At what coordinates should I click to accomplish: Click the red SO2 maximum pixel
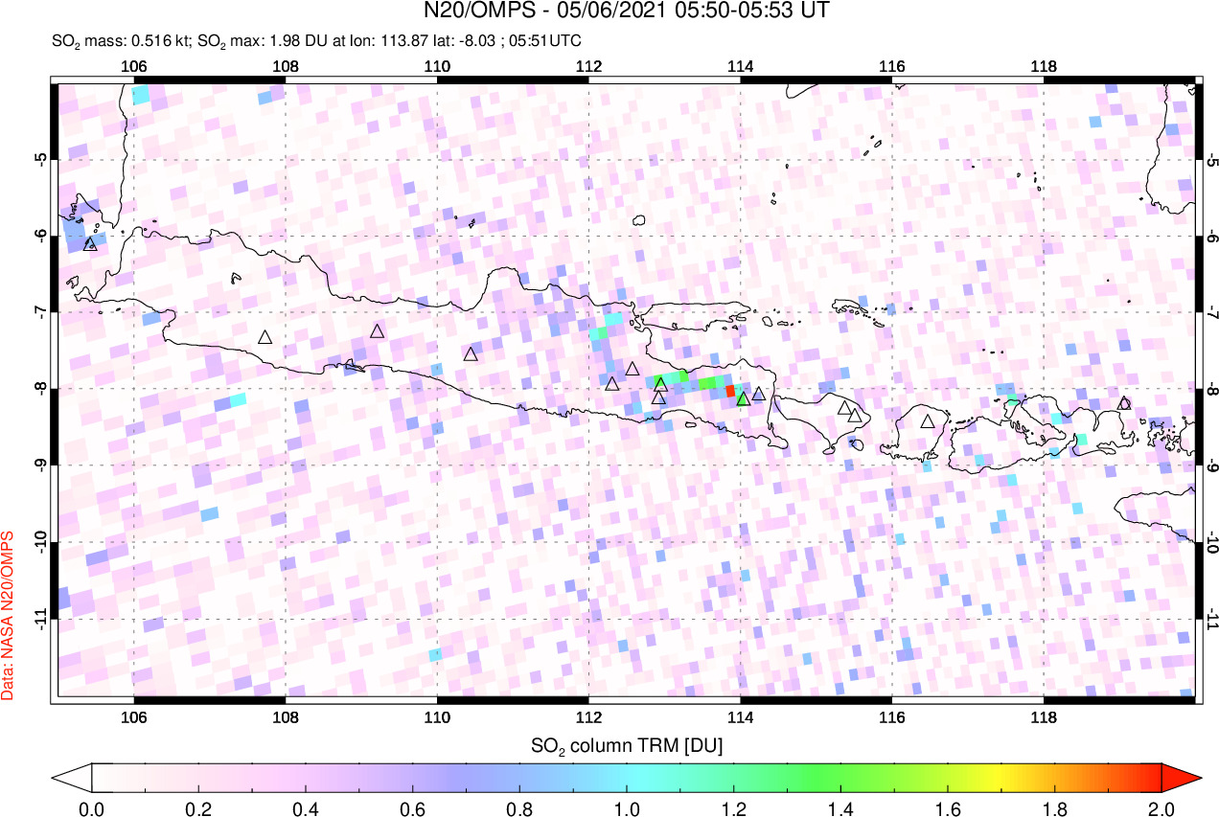coord(729,391)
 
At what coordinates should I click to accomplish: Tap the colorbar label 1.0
coord(627,807)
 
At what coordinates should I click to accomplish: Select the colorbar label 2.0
coord(1161,807)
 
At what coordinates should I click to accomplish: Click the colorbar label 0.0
coord(92,807)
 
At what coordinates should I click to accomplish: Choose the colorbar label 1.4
coord(840,807)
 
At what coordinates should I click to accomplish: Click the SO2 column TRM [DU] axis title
coord(627,744)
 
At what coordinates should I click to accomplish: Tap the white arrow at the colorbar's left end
coord(73,777)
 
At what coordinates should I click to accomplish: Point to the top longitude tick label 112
coord(588,67)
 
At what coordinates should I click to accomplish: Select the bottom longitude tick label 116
coord(891,718)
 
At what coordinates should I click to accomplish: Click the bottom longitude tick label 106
coord(133,718)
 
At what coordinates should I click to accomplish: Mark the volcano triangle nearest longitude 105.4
coord(90,244)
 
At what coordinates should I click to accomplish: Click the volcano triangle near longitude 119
coord(1124,403)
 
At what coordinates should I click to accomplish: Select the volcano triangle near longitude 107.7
coord(265,337)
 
